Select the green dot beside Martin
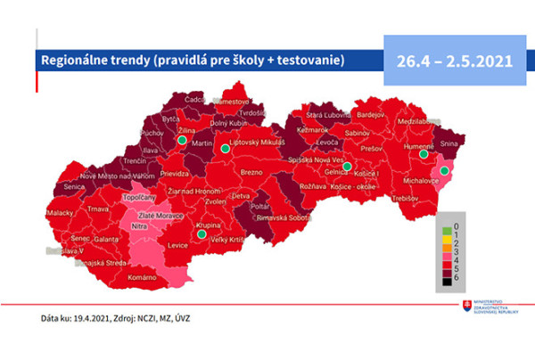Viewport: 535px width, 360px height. (226, 149)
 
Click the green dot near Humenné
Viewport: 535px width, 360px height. (422, 154)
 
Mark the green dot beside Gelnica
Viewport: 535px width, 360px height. (347, 166)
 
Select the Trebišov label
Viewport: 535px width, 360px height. (410, 197)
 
